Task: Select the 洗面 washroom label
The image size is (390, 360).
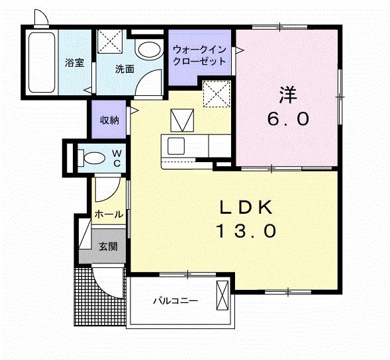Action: point(124,68)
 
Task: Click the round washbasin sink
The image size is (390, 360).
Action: point(149,50)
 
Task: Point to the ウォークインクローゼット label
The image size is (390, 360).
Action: point(199,55)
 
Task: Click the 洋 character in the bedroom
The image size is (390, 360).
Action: point(287,95)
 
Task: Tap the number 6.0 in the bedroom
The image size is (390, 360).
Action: point(287,119)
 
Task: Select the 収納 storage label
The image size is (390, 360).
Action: point(109,120)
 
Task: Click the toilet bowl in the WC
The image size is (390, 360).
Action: point(93,157)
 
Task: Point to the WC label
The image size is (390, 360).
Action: point(116,158)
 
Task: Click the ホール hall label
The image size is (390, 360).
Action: point(108,214)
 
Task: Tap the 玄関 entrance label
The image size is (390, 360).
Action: point(109,246)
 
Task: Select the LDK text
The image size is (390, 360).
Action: point(246,208)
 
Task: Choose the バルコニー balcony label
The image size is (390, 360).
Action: point(175,300)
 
